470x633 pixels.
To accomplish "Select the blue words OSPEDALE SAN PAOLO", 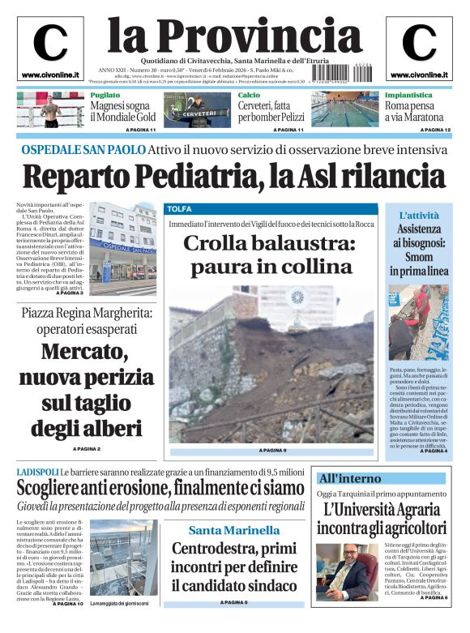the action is coord(83,150).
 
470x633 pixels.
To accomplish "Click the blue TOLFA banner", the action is coord(179,209).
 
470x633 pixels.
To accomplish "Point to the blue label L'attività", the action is coord(419,216).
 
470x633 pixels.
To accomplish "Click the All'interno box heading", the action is coord(349,478).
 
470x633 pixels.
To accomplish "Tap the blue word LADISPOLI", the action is coord(37,472).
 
